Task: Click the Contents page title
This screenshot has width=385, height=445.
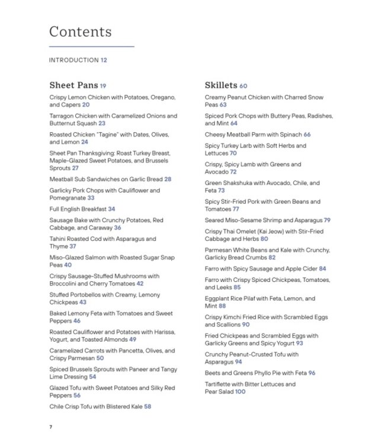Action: (x=80, y=31)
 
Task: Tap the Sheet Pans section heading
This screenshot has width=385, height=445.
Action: (x=73, y=85)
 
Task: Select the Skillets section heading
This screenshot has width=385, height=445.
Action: (x=221, y=85)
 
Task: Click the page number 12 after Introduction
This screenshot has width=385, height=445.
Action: (x=104, y=60)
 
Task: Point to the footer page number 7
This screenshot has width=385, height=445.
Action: (x=51, y=427)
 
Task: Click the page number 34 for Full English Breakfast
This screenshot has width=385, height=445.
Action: (x=111, y=209)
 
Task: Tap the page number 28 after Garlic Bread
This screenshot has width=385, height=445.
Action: (x=168, y=179)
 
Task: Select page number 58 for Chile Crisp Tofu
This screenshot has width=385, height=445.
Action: (x=147, y=406)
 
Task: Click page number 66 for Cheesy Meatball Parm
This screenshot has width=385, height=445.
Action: (x=307, y=135)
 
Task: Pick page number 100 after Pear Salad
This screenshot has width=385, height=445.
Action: (x=240, y=392)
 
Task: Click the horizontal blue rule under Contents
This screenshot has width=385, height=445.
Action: (x=91, y=46)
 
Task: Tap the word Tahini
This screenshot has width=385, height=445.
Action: (x=58, y=239)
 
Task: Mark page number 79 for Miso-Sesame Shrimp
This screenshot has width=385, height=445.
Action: (x=327, y=220)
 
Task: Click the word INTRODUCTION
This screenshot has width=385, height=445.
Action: (x=73, y=60)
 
